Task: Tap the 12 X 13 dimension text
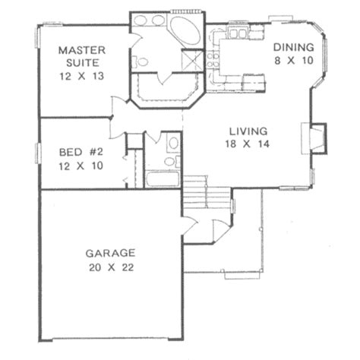point(81,76)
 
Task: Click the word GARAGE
point(110,254)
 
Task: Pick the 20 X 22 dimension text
point(110,267)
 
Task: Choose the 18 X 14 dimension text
point(244,143)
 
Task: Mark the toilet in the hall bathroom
point(172,144)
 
